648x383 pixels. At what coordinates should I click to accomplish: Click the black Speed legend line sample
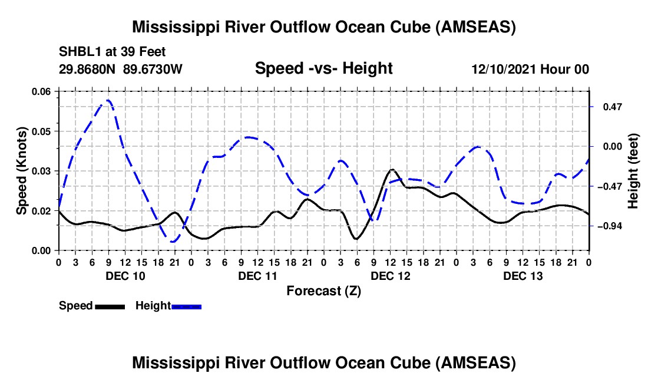[x=110, y=306]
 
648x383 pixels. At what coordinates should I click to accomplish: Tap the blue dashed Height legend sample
[x=186, y=306]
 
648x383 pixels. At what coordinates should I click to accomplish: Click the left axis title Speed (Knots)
[x=22, y=171]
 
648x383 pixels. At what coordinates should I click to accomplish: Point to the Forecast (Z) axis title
[x=323, y=290]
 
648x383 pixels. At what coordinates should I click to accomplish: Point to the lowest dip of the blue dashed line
[x=173, y=242]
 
